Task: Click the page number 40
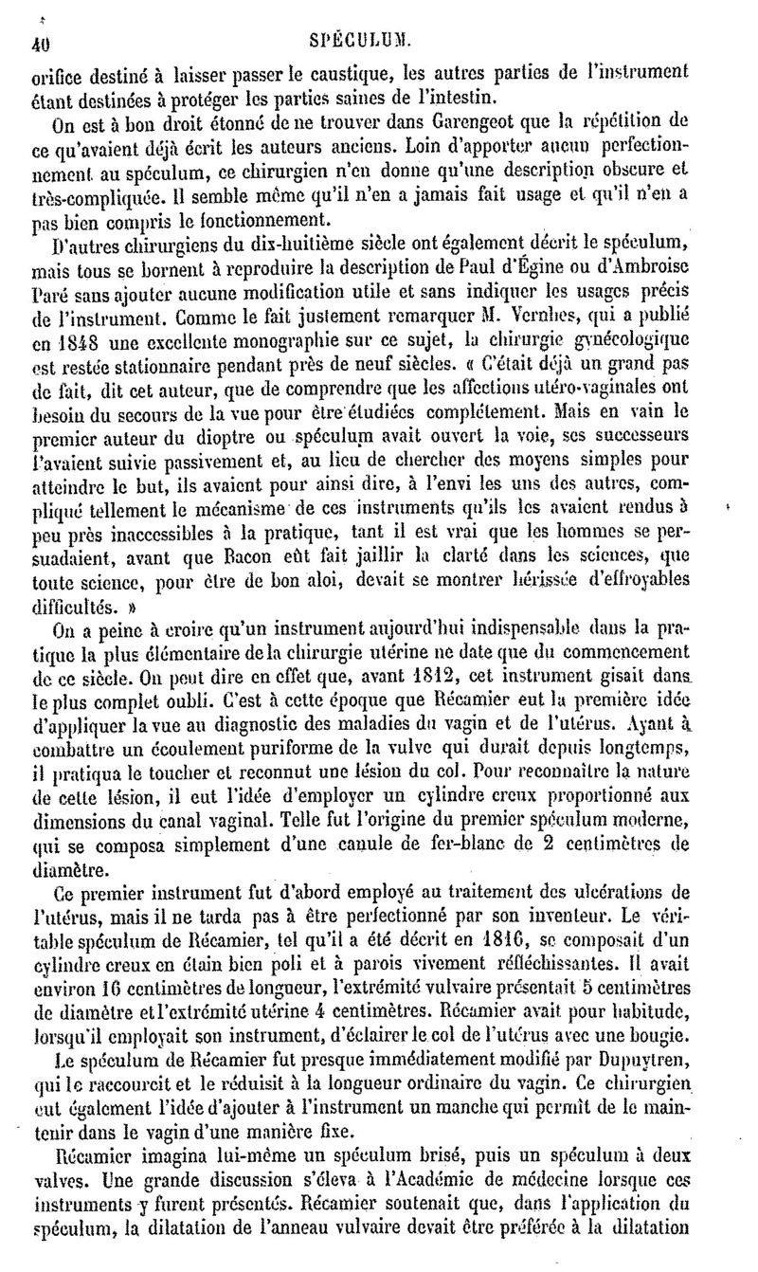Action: (39, 41)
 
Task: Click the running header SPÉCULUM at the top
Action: (379, 41)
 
